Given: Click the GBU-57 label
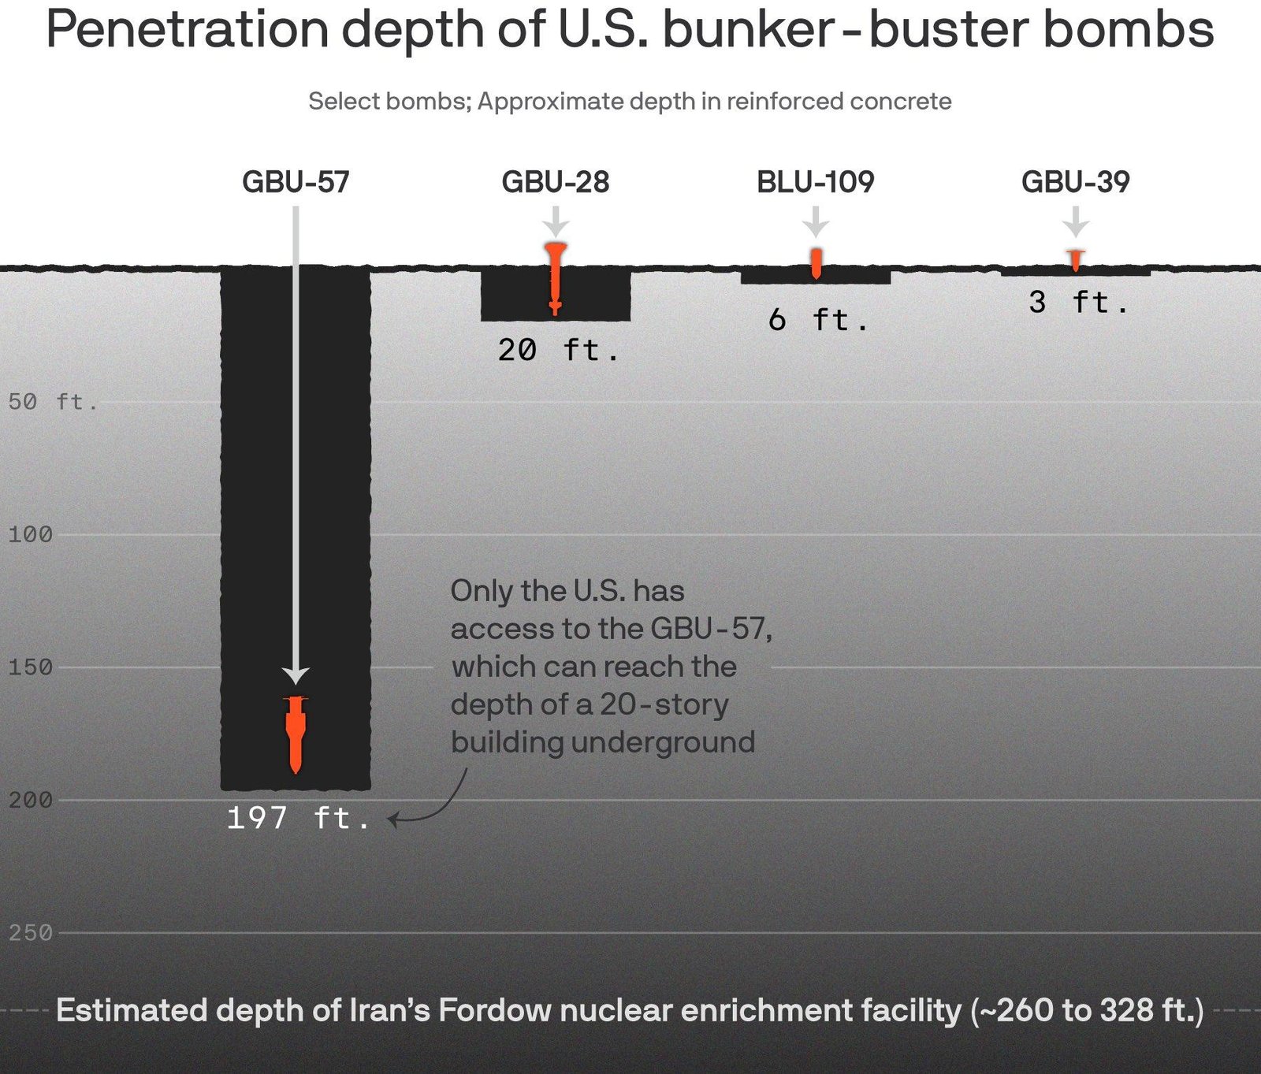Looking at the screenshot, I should pos(296,182).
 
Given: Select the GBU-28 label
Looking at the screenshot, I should pos(556,182).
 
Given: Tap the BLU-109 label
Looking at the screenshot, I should pos(816,182).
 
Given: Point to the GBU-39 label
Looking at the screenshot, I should pos(1076,182).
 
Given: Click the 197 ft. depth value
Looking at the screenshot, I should pos(298,819).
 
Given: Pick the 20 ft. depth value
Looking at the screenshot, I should pos(558,350).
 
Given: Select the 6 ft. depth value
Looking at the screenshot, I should pos(818,320).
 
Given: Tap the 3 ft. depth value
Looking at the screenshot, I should pos(1078,303).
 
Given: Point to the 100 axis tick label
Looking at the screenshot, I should pos(30,535).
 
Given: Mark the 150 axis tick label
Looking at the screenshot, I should pos(30,667).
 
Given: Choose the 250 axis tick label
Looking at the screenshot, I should pos(30,933).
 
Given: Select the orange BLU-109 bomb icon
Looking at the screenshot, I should pos(816,263).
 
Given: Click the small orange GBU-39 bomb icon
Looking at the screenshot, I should pos(1076,259).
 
